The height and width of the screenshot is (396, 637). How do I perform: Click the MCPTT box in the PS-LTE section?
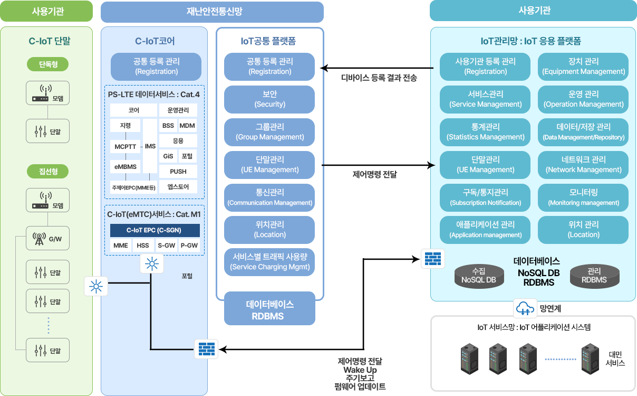click(125, 147)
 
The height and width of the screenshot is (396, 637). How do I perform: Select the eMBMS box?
click(125, 166)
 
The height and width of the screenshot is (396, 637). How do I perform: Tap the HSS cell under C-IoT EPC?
click(143, 246)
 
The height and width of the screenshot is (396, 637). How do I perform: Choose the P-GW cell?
click(189, 246)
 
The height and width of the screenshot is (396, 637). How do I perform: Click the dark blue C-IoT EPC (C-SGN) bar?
click(155, 230)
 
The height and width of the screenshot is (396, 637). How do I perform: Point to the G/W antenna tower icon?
click(39, 239)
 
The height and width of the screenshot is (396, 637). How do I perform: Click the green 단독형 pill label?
click(48, 64)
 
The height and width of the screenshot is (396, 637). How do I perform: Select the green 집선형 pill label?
click(48, 172)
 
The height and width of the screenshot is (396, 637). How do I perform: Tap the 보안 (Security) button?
click(269, 99)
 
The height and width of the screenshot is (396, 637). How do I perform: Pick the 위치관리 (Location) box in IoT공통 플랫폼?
click(269, 230)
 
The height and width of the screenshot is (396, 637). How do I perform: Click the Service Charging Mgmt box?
click(269, 262)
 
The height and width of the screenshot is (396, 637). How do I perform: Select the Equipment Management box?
click(583, 67)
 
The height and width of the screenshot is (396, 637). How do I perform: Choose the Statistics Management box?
click(485, 132)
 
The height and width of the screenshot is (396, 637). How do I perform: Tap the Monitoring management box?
click(583, 197)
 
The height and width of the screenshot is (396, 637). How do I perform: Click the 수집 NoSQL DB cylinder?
click(479, 276)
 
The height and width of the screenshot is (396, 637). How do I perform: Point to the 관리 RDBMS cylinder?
click(595, 276)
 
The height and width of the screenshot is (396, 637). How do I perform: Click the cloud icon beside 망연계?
click(525, 308)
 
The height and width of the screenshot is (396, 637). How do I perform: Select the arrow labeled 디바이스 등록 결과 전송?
click(377, 68)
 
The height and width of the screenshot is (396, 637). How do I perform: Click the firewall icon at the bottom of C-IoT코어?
click(207, 349)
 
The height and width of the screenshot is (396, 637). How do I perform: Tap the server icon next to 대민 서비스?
click(591, 359)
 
